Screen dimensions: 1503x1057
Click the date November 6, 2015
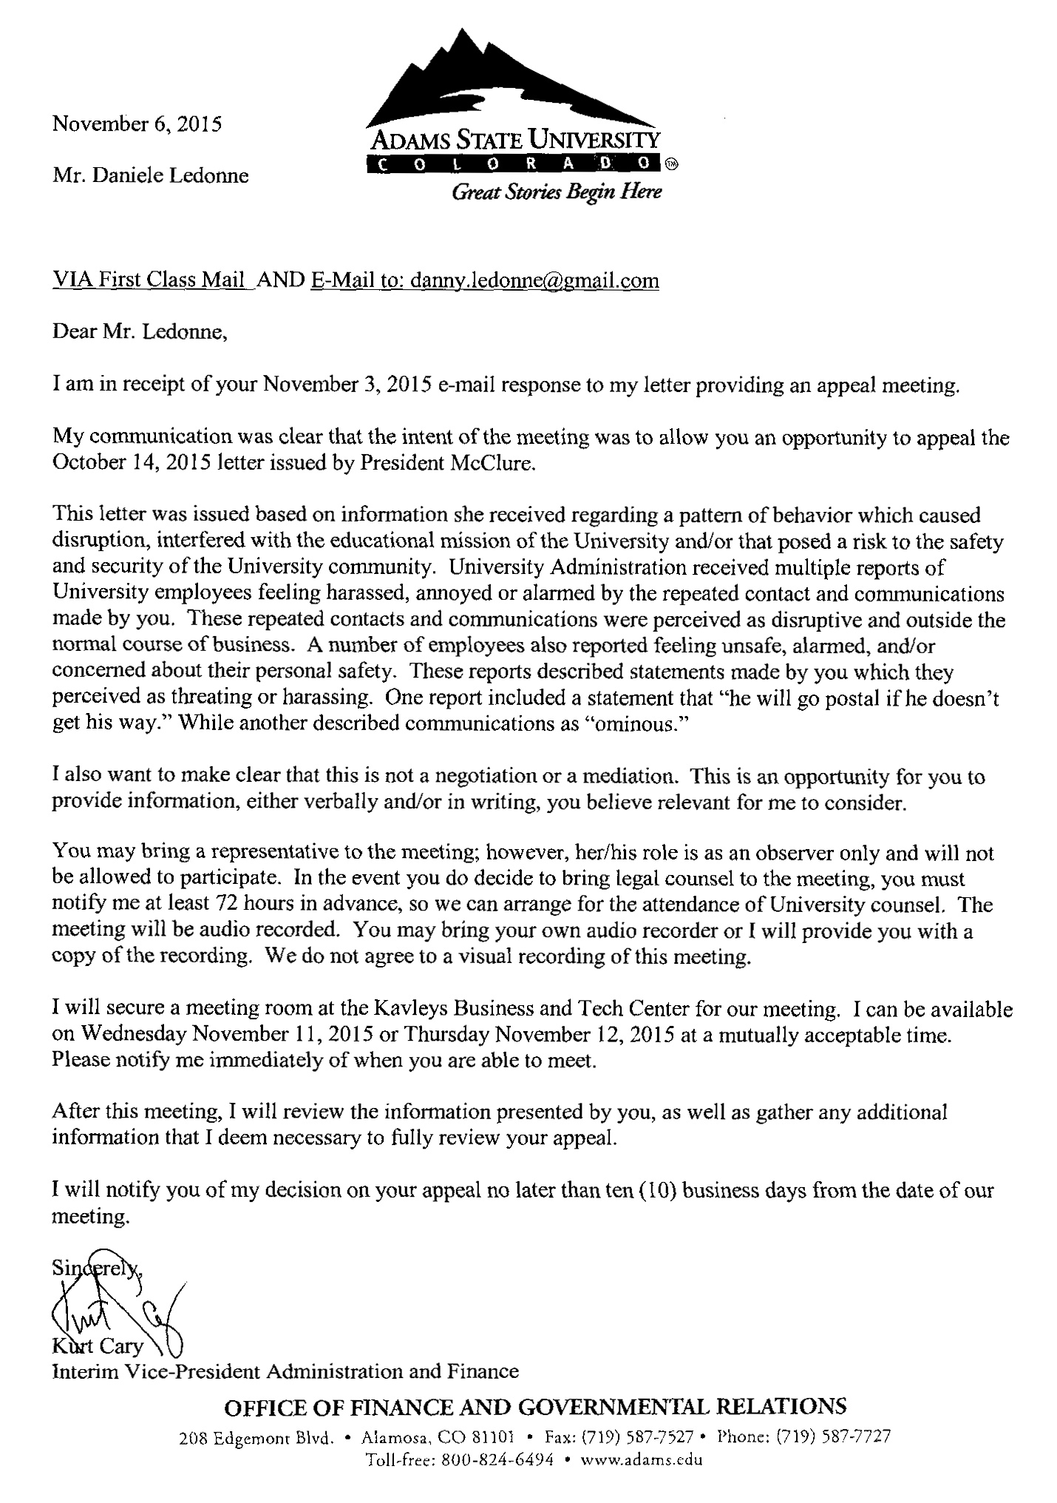[137, 124]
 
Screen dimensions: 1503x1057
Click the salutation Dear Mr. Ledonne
[139, 331]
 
